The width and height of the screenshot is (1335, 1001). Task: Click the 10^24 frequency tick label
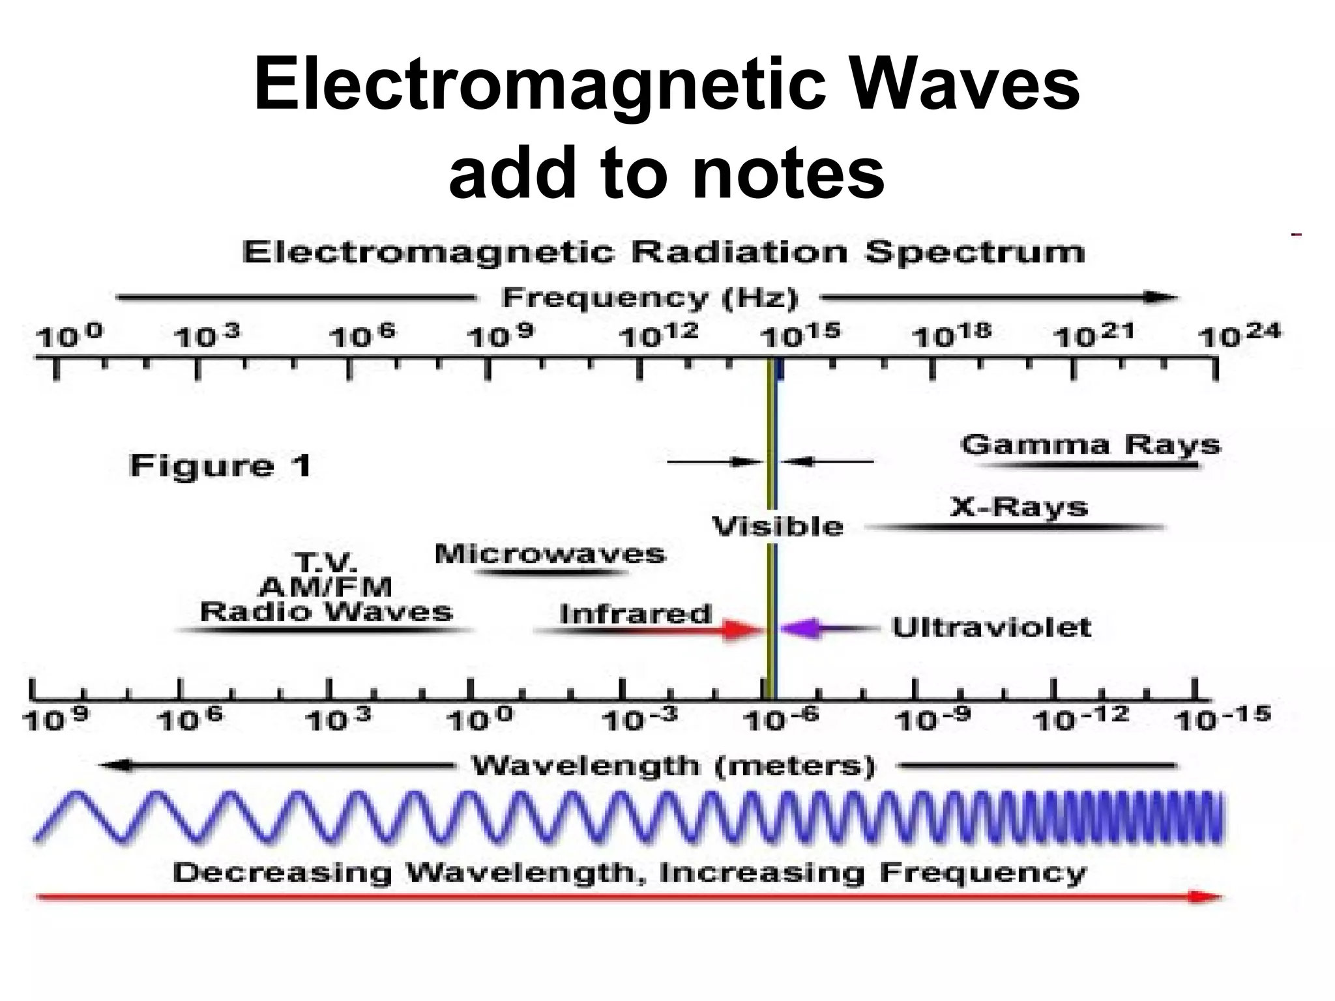tap(1239, 336)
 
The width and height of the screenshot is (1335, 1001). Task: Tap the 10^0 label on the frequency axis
tap(70, 337)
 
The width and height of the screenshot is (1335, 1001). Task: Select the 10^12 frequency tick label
tap(658, 336)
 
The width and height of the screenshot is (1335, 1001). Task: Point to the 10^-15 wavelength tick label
tap(1222, 719)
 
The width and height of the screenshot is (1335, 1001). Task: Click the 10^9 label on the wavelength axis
tap(56, 719)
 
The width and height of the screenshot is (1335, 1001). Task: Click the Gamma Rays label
tap(1090, 445)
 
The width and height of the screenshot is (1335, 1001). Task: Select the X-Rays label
tap(1019, 507)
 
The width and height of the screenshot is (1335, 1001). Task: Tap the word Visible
tap(778, 526)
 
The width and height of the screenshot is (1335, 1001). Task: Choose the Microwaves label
tap(550, 554)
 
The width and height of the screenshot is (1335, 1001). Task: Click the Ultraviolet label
tap(991, 628)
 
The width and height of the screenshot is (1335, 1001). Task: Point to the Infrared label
tap(636, 614)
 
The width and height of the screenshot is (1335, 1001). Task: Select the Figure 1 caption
tap(220, 466)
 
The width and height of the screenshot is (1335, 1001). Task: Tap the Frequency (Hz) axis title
tap(650, 298)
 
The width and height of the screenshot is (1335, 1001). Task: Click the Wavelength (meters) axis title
tap(673, 766)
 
